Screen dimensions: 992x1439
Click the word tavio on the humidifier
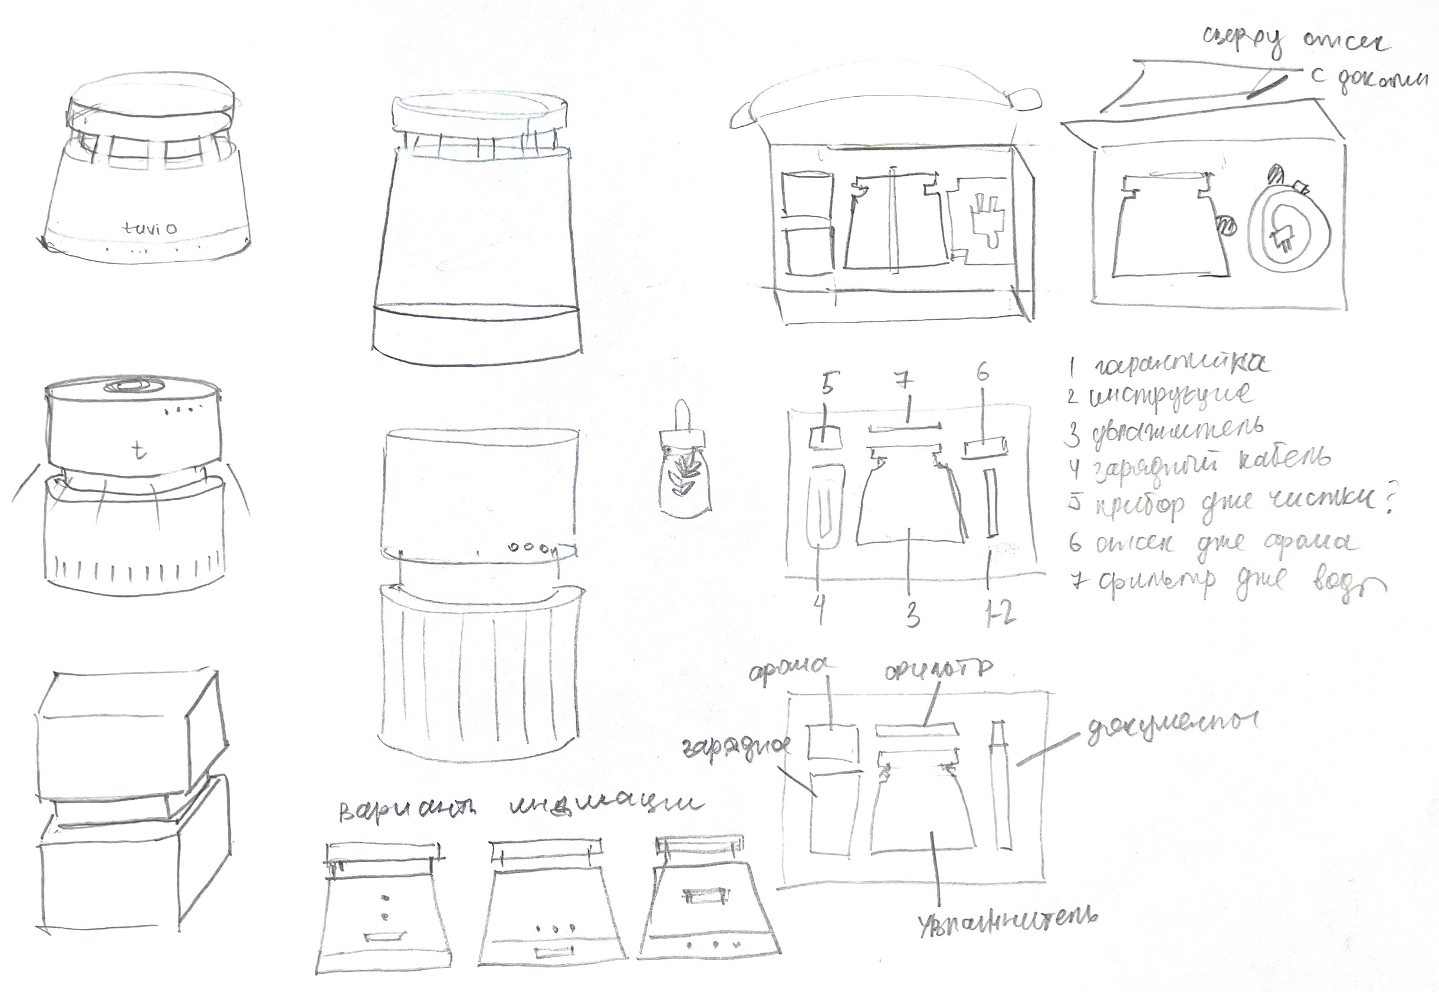pos(149,228)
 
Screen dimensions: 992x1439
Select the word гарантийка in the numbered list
pos(1178,365)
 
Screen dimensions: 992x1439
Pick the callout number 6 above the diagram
pos(983,373)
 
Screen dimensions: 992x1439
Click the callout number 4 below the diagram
pos(820,610)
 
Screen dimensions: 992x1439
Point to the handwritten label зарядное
pos(737,747)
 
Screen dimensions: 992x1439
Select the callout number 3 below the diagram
pos(912,615)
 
